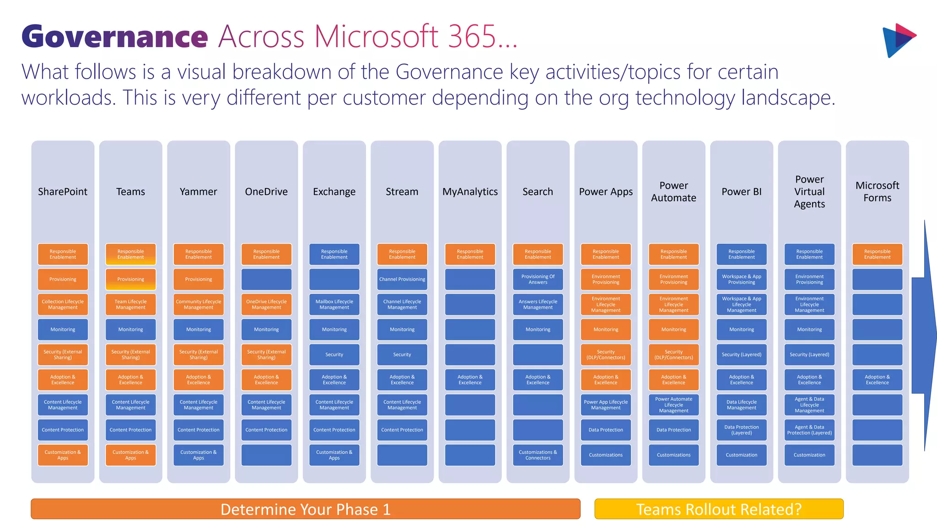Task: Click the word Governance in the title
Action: (114, 37)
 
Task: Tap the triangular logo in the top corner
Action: (898, 40)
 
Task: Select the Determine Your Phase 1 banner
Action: (306, 509)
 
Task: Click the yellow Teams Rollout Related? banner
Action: (719, 509)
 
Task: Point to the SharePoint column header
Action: (63, 192)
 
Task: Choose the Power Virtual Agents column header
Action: (809, 192)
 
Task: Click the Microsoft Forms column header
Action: (877, 192)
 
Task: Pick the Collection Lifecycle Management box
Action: (63, 304)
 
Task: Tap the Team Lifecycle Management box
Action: (130, 304)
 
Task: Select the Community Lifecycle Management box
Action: (199, 304)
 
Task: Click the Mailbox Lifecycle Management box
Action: (334, 304)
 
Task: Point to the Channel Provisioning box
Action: (402, 279)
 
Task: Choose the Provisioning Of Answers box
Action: (538, 279)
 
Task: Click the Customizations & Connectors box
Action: (538, 455)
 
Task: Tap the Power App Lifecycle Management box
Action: (606, 404)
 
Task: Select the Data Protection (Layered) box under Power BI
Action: (742, 430)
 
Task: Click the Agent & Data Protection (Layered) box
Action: (809, 430)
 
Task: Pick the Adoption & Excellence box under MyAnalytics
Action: (470, 379)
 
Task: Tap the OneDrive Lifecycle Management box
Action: (266, 304)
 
